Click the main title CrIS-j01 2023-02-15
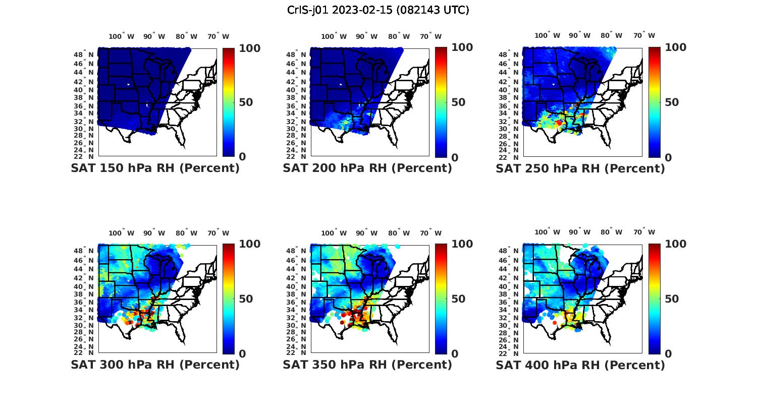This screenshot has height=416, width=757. tap(378, 10)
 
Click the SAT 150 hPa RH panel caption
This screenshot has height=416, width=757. tap(155, 168)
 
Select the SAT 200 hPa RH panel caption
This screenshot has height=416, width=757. tap(367, 168)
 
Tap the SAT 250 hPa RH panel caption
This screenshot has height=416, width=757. tap(580, 168)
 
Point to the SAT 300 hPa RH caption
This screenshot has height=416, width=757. tap(155, 365)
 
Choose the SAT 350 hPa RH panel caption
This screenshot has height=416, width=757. tap(367, 365)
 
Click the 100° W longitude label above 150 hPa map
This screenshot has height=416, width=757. tap(121, 36)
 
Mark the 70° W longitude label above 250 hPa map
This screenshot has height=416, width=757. tap(644, 35)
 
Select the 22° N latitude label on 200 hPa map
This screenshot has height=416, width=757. tap(296, 157)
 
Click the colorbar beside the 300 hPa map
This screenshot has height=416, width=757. tap(228, 299)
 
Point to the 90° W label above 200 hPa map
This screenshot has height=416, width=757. tap(366, 36)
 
